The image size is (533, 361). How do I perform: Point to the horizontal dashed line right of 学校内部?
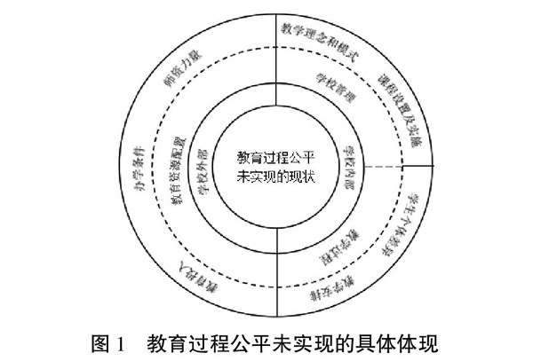click(386, 167)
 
